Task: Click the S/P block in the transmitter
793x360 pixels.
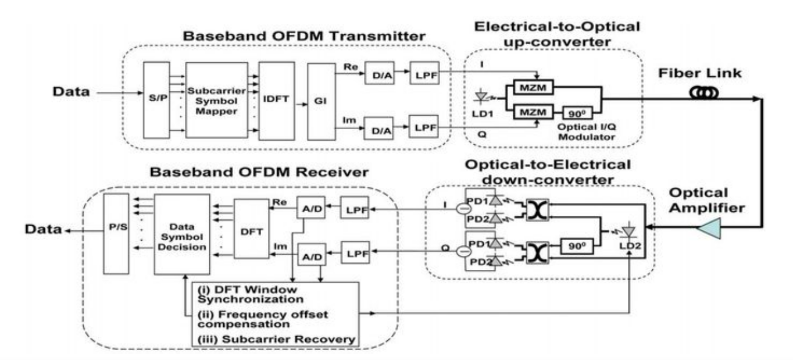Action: pyautogui.click(x=156, y=98)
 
